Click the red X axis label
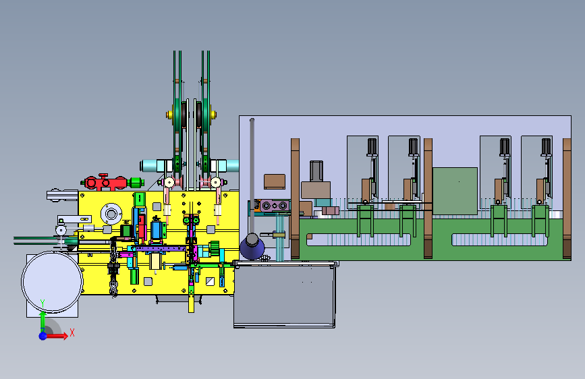[72, 332]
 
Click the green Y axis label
[43, 303]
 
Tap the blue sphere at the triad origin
[43, 336]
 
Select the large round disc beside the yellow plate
[52, 282]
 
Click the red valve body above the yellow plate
[105, 182]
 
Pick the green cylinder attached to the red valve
[136, 183]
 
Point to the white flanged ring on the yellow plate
[111, 214]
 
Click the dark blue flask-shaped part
[252, 246]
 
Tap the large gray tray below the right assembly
[284, 295]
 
